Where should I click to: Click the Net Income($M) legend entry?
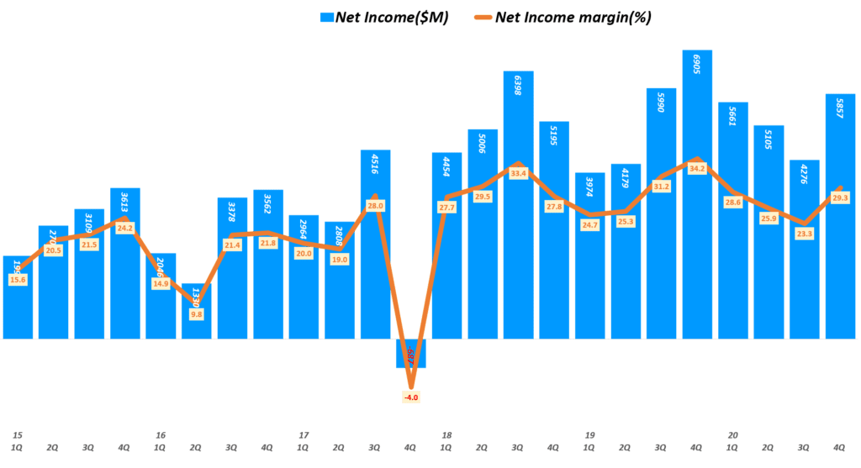click(x=383, y=17)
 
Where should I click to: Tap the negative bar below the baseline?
click(x=411, y=354)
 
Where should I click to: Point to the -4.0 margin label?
click(x=411, y=397)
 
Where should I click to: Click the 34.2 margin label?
click(x=697, y=169)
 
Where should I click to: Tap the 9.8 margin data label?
click(x=197, y=314)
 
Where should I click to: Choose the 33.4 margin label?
click(x=519, y=174)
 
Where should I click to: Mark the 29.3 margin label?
click(x=840, y=197)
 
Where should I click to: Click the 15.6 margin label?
click(x=18, y=280)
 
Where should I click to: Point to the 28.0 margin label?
click(x=376, y=206)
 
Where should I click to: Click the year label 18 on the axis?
click(x=446, y=435)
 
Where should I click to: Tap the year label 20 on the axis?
click(x=733, y=435)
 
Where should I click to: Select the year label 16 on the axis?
click(x=161, y=435)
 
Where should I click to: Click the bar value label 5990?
click(x=662, y=106)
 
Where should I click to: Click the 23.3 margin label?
click(x=805, y=234)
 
